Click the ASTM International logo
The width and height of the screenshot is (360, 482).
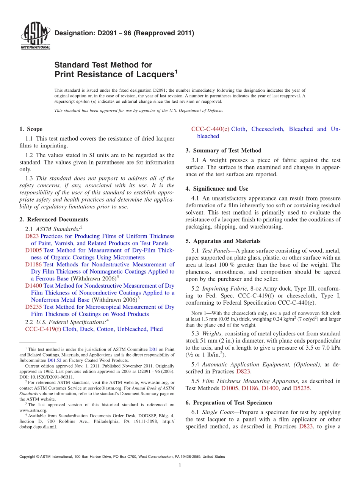pyautogui.click(x=35, y=37)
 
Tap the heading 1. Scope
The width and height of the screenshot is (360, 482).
pyautogui.click(x=31, y=129)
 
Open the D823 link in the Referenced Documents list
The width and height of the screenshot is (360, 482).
pyautogui.click(x=32, y=236)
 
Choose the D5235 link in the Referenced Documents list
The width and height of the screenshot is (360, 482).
pyautogui.click(x=34, y=307)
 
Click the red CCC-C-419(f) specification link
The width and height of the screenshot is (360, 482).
pyautogui.click(x=43, y=329)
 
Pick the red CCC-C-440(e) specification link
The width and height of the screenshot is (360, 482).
pyautogui.click(x=210, y=129)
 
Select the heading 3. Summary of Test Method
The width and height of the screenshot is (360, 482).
pyautogui.click(x=223, y=150)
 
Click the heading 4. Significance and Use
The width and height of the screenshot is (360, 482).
pyautogui.click(x=217, y=189)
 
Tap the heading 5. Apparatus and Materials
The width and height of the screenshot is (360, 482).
pyautogui.click(x=223, y=241)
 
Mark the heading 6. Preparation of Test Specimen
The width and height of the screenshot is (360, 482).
pyautogui.click(x=229, y=402)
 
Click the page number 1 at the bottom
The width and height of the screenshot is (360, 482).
pyautogui.click(x=180, y=466)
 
